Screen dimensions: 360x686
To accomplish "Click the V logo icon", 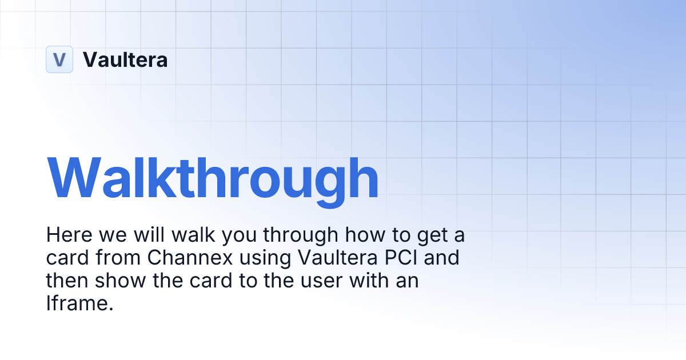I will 59,59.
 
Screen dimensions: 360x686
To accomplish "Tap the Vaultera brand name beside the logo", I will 125,59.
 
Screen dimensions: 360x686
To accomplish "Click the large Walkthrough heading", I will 213,177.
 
